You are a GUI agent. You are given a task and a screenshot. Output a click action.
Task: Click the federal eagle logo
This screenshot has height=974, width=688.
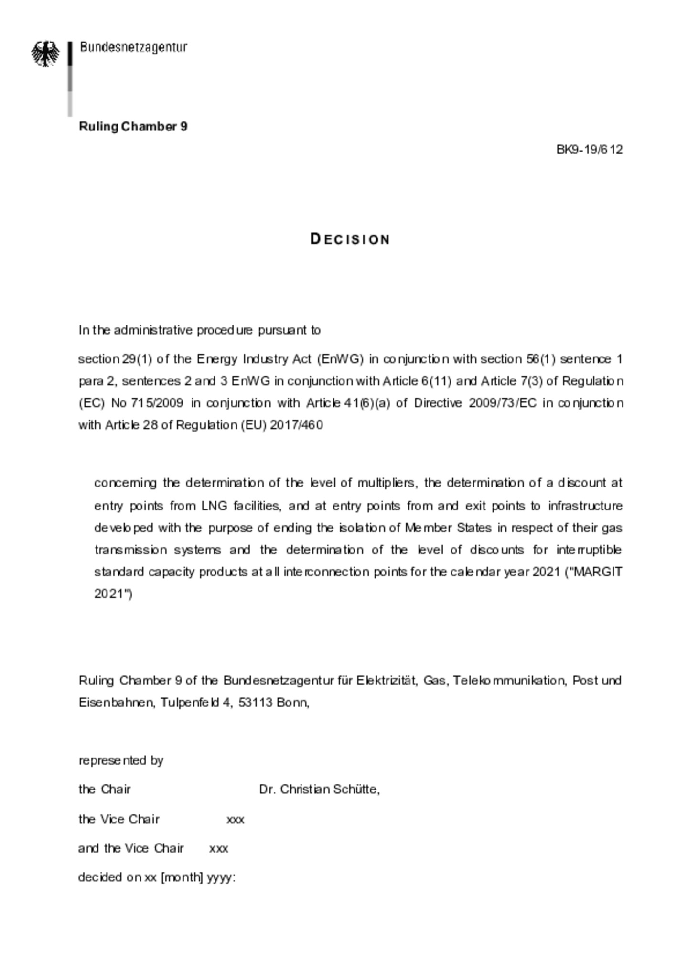45,54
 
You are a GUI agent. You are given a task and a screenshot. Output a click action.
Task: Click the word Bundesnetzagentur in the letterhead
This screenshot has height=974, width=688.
133,47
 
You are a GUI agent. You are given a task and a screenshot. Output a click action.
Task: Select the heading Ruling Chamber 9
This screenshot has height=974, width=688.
133,127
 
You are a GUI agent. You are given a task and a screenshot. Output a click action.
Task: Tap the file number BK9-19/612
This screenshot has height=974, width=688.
589,150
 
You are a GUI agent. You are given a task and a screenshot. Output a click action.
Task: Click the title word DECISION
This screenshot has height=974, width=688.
350,239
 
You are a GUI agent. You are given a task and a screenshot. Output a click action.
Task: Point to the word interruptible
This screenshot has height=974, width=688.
589,550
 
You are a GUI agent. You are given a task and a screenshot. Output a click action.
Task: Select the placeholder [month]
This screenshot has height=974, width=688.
182,877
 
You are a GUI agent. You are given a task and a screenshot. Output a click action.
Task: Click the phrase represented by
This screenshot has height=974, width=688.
121,760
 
